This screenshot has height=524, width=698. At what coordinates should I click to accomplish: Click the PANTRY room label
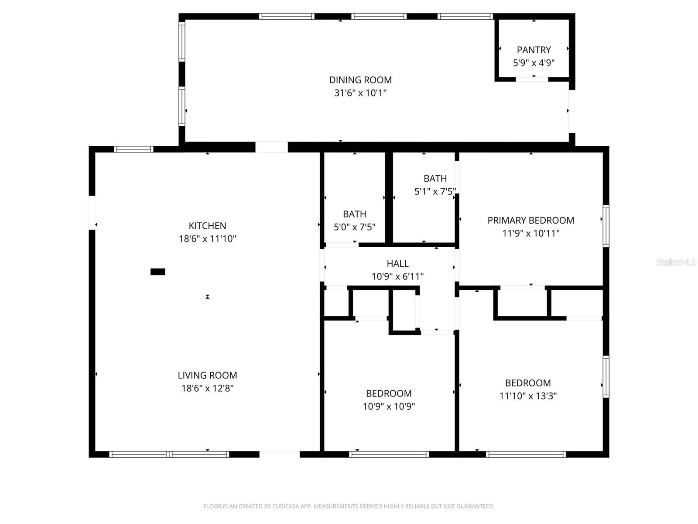534,50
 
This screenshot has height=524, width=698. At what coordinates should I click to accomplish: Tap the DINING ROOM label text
360,80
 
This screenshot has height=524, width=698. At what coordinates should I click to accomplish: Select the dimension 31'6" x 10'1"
360,93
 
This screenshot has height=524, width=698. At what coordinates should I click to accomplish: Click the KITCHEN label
207,226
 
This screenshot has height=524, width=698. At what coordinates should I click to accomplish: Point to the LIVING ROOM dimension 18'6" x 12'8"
207,388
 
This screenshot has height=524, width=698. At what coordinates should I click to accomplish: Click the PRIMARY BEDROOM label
530,221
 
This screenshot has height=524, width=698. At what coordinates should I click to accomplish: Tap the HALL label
397,263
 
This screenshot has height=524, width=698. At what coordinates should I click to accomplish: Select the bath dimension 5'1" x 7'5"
435,191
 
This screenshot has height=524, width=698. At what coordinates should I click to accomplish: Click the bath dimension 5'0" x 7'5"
354,227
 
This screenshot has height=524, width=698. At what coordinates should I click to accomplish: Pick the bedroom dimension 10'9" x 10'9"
389,407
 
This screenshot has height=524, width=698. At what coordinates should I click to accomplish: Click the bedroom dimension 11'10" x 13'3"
528,396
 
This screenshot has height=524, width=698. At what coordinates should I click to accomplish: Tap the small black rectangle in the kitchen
157,272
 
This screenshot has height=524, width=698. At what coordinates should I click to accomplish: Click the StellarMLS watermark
676,262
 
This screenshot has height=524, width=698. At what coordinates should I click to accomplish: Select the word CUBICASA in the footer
287,507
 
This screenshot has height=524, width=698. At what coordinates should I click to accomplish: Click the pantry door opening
532,79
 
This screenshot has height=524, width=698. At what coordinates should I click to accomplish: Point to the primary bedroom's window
606,226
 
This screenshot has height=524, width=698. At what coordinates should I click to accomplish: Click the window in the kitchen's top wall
133,149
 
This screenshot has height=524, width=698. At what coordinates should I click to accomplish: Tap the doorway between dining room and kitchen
271,147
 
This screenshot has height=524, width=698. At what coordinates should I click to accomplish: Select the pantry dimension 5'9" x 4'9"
534,63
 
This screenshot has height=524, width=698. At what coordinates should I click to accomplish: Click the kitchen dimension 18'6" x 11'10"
207,239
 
